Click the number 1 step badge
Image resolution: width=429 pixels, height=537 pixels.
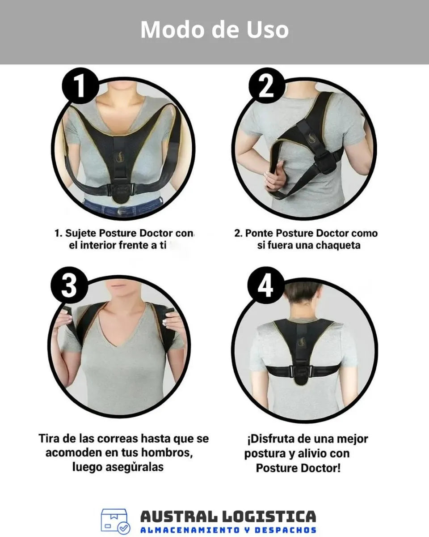80,85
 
